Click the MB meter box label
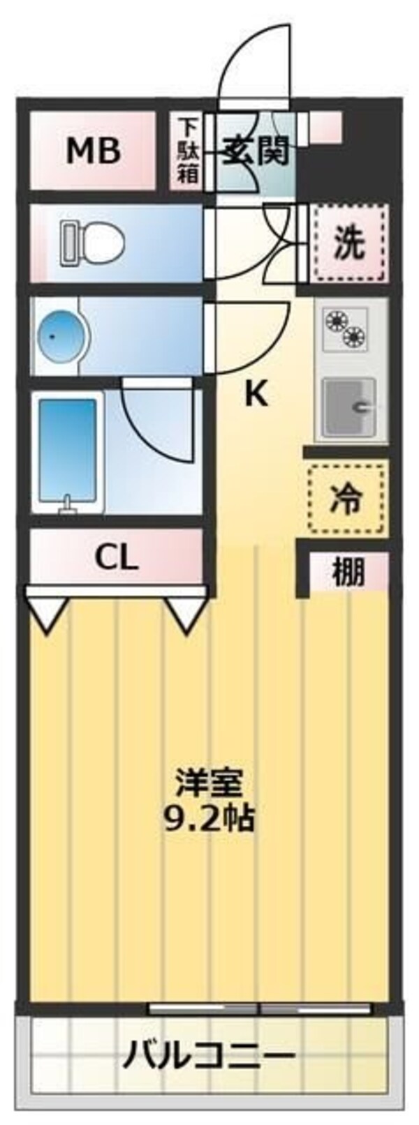(x=93, y=151)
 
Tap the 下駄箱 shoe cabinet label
(x=186, y=151)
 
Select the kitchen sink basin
(x=348, y=406)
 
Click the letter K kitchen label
(x=255, y=395)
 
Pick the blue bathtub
(x=68, y=451)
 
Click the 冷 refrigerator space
(x=347, y=498)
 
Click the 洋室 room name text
(x=209, y=785)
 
